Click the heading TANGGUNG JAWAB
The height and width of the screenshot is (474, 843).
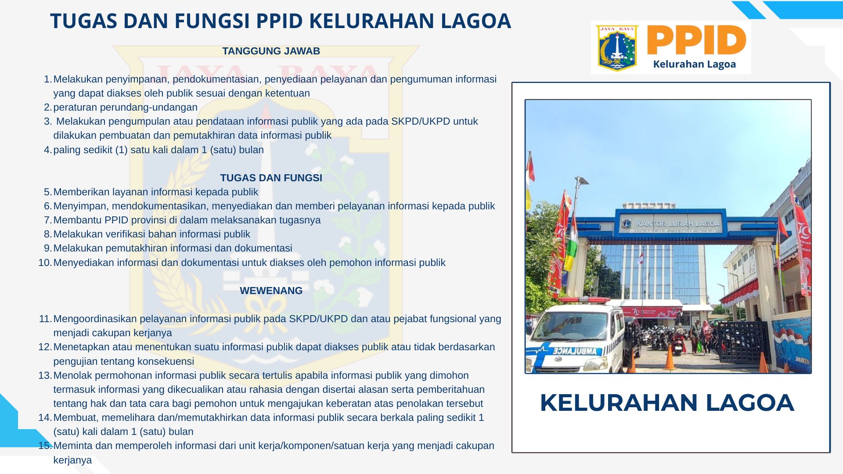[271, 51]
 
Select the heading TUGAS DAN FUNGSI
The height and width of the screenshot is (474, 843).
[271, 178]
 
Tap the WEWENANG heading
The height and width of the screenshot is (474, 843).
[271, 291]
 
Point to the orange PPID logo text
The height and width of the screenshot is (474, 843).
[696, 40]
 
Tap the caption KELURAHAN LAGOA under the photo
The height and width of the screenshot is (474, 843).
[667, 402]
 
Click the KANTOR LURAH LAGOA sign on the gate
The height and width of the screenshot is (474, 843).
[677, 224]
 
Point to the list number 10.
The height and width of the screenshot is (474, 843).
[45, 262]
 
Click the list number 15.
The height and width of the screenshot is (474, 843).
[45, 445]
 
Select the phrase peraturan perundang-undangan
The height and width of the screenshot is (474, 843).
[126, 108]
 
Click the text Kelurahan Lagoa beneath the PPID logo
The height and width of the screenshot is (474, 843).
[694, 64]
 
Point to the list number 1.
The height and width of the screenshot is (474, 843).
[48, 79]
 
